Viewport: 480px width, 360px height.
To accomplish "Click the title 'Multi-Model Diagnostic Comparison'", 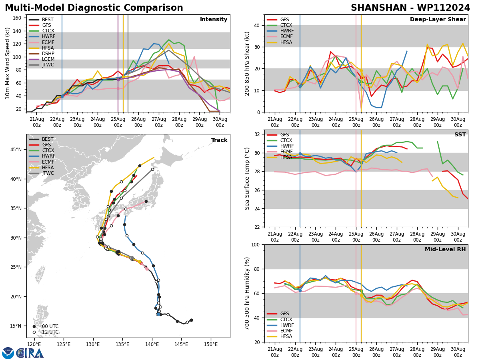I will (x=94, y=8).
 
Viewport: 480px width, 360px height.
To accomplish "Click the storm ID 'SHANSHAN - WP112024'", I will (x=410, y=8).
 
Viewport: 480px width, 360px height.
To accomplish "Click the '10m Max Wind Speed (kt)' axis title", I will (x=7, y=63).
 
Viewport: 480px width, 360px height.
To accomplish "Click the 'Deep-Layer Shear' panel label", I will (x=438, y=20).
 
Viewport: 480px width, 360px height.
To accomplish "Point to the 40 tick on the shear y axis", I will (x=256, y=25).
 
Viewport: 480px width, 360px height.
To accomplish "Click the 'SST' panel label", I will (x=460, y=135).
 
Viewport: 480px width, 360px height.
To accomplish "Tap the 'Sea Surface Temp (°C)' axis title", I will (x=247, y=178).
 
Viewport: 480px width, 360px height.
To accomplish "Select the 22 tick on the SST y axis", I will (x=256, y=227).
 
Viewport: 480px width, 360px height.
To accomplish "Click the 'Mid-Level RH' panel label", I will (x=445, y=250).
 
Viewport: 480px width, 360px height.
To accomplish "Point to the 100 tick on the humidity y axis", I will (x=255, y=244).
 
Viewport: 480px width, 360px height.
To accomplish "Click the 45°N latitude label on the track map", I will (x=16, y=150).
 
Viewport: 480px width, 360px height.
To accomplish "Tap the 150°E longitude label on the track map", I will (x=211, y=344).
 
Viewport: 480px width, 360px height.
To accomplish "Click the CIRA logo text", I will (x=30, y=353).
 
